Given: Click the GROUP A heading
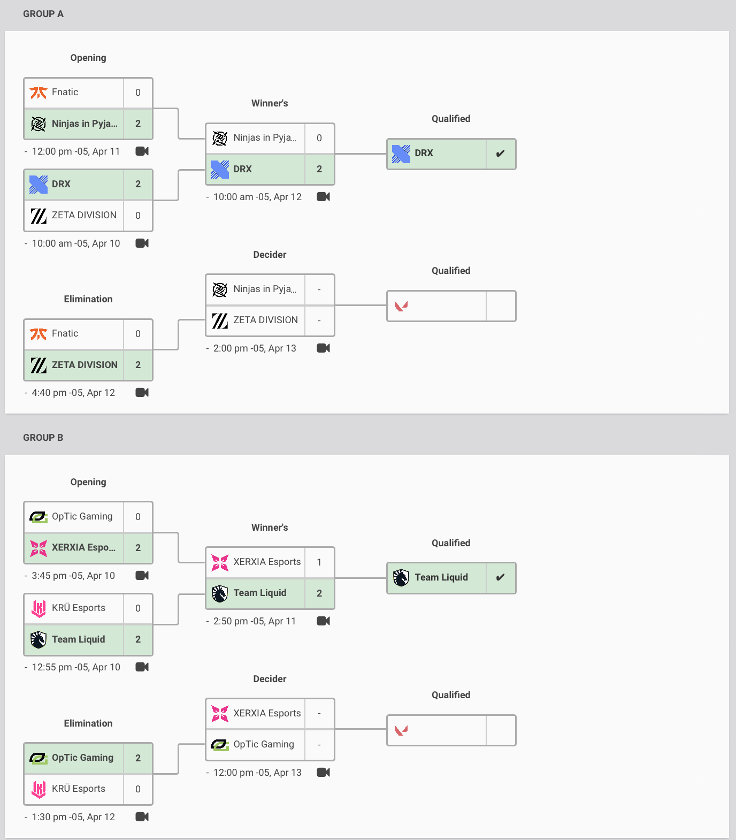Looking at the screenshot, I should click(x=43, y=14).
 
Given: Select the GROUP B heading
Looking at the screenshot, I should click(x=43, y=438).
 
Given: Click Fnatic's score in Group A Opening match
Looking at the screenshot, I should click(x=138, y=93).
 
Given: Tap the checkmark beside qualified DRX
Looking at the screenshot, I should click(x=500, y=154).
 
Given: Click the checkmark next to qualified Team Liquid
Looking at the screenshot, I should click(x=500, y=577).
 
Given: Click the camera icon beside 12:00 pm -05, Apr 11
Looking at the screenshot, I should click(x=142, y=151).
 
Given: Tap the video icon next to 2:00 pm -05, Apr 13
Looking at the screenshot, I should click(x=324, y=348).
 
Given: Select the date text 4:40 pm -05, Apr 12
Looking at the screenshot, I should click(x=73, y=393).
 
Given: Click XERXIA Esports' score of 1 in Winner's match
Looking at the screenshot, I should click(x=319, y=562).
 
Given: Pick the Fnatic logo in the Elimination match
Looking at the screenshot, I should click(x=39, y=334).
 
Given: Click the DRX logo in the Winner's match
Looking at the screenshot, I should click(x=220, y=169).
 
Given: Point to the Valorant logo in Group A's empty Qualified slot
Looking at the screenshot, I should click(x=401, y=306).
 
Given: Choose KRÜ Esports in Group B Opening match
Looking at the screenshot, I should click(x=79, y=608).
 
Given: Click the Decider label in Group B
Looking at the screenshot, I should click(x=270, y=679).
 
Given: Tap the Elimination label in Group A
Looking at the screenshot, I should click(x=88, y=299).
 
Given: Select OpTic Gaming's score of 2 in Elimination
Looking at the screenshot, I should click(x=138, y=758).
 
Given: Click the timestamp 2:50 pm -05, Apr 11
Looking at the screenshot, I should click(x=255, y=621).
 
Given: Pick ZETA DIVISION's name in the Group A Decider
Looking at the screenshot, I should click(x=266, y=320).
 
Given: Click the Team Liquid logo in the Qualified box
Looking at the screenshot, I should click(x=401, y=578).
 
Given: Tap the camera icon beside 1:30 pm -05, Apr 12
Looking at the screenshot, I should click(x=142, y=817).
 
